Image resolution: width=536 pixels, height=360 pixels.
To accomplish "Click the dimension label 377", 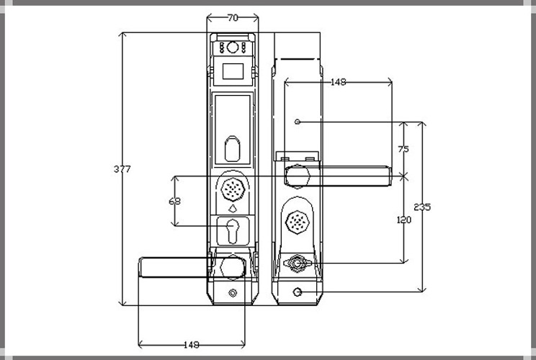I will (122, 169).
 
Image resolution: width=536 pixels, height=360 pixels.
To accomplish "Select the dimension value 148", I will (337, 82).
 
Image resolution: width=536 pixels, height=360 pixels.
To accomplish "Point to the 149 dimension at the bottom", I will (191, 344).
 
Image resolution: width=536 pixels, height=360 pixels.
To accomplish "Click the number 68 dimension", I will (174, 202).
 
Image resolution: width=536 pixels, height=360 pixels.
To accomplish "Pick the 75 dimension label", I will (403, 150).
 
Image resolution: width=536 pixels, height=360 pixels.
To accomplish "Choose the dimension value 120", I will (403, 220).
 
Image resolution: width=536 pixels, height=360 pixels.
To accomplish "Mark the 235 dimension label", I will (423, 207).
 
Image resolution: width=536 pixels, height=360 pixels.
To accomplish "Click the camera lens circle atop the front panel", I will (233, 48).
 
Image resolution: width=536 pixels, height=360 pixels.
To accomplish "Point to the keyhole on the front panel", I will (233, 232).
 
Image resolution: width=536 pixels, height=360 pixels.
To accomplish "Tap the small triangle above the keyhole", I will (233, 209).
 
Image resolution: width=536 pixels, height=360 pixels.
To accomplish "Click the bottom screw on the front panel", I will (233, 293).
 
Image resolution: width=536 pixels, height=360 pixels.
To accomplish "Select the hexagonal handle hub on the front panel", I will (233, 265).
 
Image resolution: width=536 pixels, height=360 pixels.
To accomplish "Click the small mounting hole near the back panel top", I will (298, 122).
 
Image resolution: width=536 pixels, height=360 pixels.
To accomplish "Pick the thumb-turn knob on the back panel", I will (297, 264).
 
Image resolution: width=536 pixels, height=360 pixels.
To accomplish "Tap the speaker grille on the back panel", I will (297, 222).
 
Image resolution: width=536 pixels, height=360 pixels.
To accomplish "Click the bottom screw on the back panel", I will (298, 292).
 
